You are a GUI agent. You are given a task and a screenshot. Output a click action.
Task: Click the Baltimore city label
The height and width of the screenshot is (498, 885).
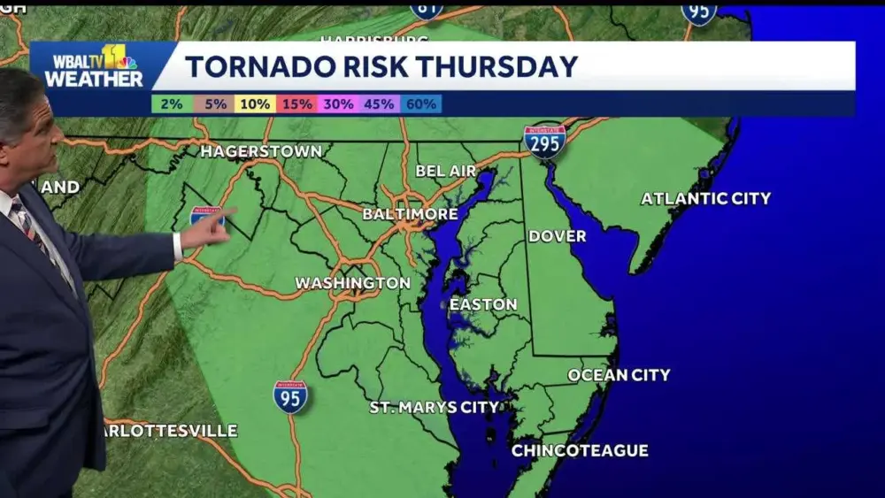point(410,214)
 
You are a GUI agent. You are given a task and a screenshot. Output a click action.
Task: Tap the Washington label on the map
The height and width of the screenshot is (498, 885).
point(352,283)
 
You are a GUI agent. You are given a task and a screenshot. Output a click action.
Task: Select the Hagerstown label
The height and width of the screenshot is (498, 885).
point(260,151)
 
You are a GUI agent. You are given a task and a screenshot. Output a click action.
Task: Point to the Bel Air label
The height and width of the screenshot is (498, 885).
point(446,171)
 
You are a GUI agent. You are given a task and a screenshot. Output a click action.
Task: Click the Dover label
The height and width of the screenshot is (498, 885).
point(557,236)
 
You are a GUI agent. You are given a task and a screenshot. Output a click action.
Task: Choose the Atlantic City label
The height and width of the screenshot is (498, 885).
point(705,198)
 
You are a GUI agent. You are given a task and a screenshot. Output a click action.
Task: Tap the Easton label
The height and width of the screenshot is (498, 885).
point(483,304)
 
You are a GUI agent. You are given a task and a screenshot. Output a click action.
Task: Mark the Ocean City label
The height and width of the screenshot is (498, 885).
point(619,375)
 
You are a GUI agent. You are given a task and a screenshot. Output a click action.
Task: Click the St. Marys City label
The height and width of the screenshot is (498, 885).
point(434,407)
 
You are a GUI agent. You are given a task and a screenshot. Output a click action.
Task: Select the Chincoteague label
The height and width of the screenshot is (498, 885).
point(580,450)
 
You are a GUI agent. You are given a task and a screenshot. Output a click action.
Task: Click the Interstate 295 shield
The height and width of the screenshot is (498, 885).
point(544,141)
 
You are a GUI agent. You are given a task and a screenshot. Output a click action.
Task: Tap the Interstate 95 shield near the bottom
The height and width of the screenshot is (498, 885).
point(290,397)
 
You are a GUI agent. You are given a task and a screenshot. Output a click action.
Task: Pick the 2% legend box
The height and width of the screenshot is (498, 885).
point(172,104)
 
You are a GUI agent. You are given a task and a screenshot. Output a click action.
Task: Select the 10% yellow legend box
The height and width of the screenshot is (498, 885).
point(255,104)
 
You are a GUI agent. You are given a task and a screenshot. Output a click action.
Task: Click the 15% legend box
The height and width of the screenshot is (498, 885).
point(296,104)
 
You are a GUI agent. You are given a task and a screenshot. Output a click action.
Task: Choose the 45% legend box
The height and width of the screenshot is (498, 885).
point(379,104)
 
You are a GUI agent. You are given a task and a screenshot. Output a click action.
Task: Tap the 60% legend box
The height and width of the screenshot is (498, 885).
point(420,104)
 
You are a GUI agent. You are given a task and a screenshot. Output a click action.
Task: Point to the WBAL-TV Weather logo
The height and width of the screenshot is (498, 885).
point(94,67)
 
